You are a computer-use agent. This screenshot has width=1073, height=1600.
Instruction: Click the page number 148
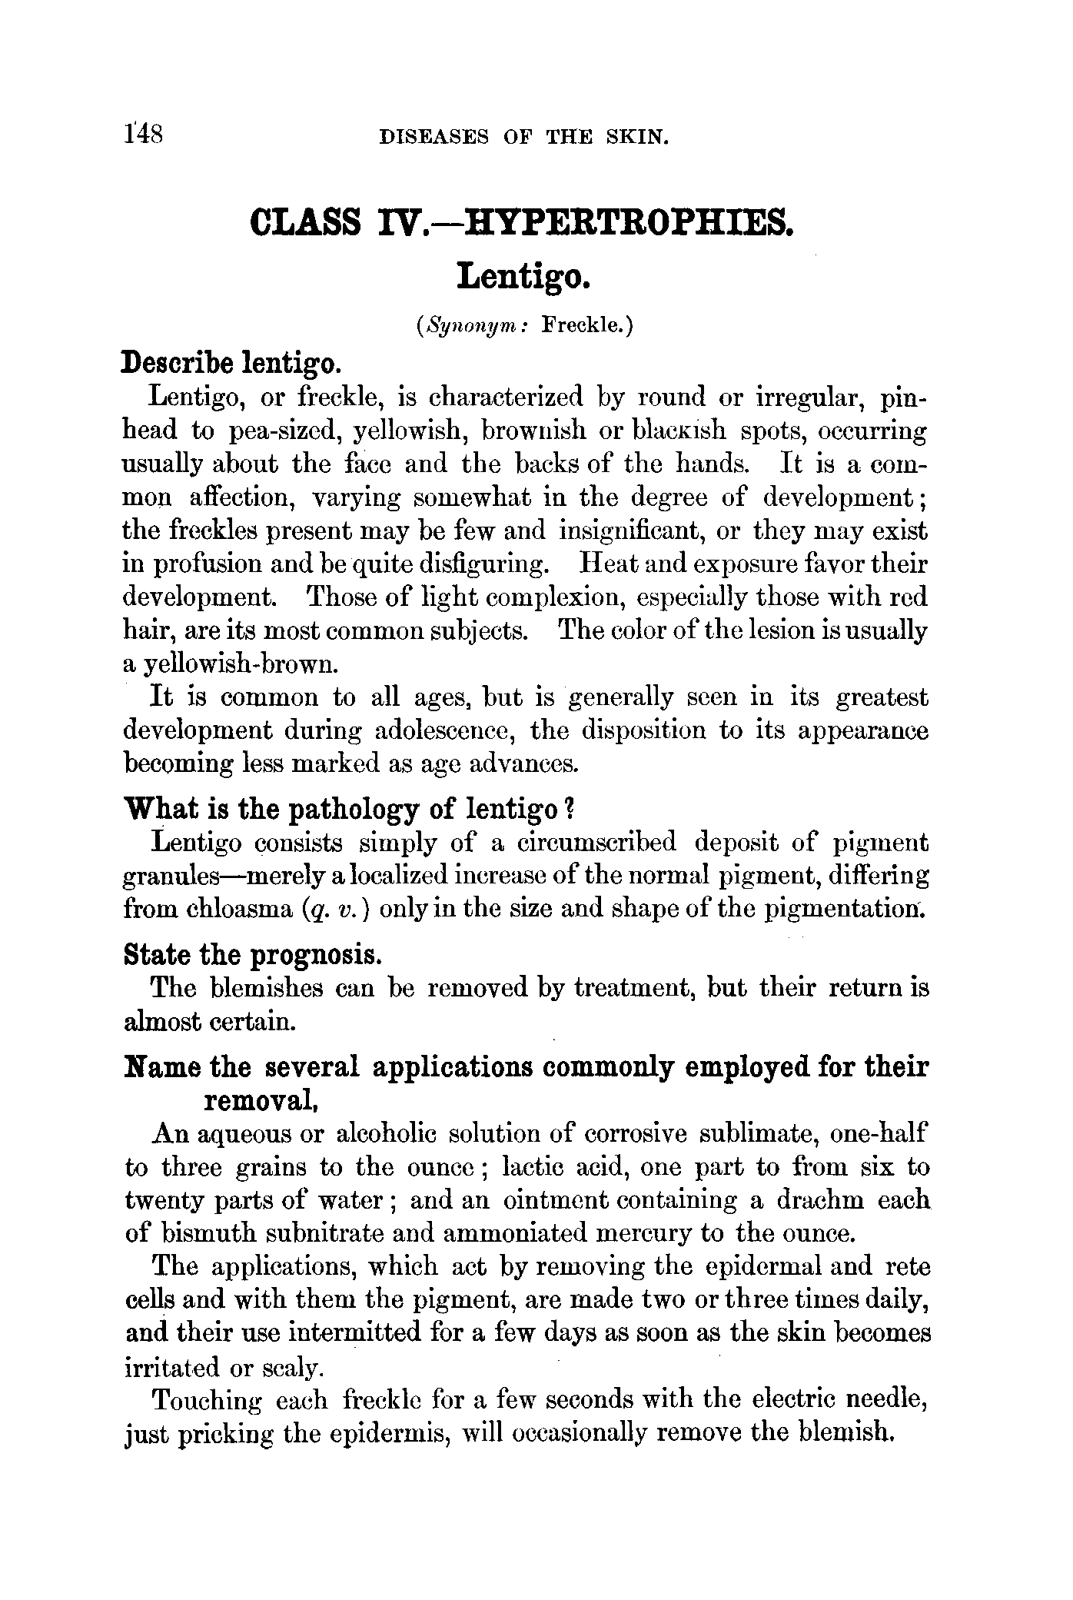click(x=142, y=135)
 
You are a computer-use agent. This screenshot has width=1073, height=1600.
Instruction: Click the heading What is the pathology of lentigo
click(x=349, y=809)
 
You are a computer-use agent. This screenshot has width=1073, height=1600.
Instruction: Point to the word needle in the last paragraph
click(x=884, y=1400)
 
